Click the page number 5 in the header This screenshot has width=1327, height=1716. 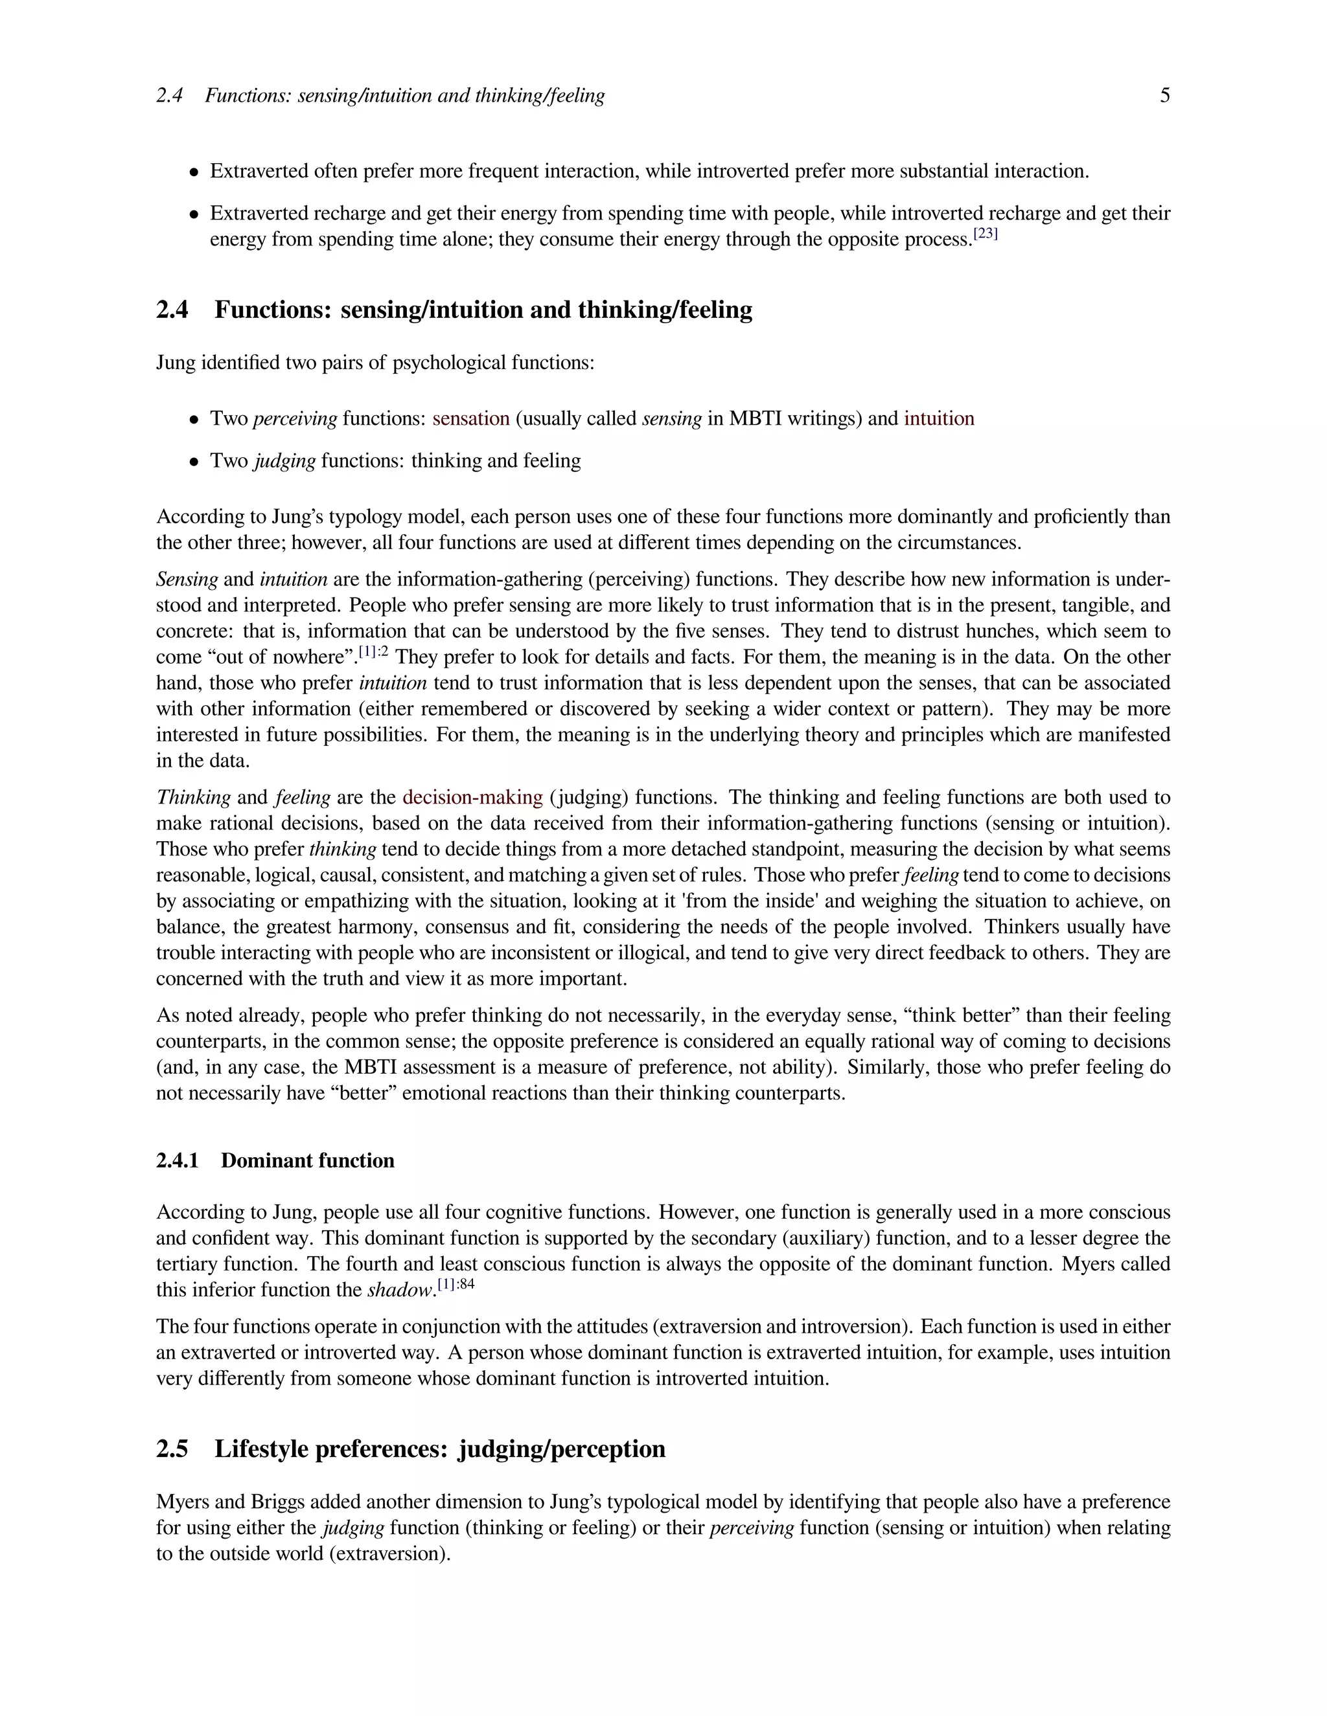(1164, 96)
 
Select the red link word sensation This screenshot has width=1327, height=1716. (471, 419)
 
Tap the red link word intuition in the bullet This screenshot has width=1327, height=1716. (939, 419)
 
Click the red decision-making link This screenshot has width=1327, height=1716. (472, 798)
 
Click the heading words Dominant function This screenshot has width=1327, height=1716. (307, 1161)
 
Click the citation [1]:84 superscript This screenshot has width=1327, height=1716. (456, 1285)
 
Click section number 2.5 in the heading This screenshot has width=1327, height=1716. (172, 1449)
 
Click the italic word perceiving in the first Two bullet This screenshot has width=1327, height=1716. (295, 419)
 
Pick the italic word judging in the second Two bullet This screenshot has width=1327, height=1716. (284, 461)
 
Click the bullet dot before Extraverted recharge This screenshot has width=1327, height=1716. (193, 214)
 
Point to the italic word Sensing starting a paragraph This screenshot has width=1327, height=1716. (187, 580)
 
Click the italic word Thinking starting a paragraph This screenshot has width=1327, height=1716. (193, 798)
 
